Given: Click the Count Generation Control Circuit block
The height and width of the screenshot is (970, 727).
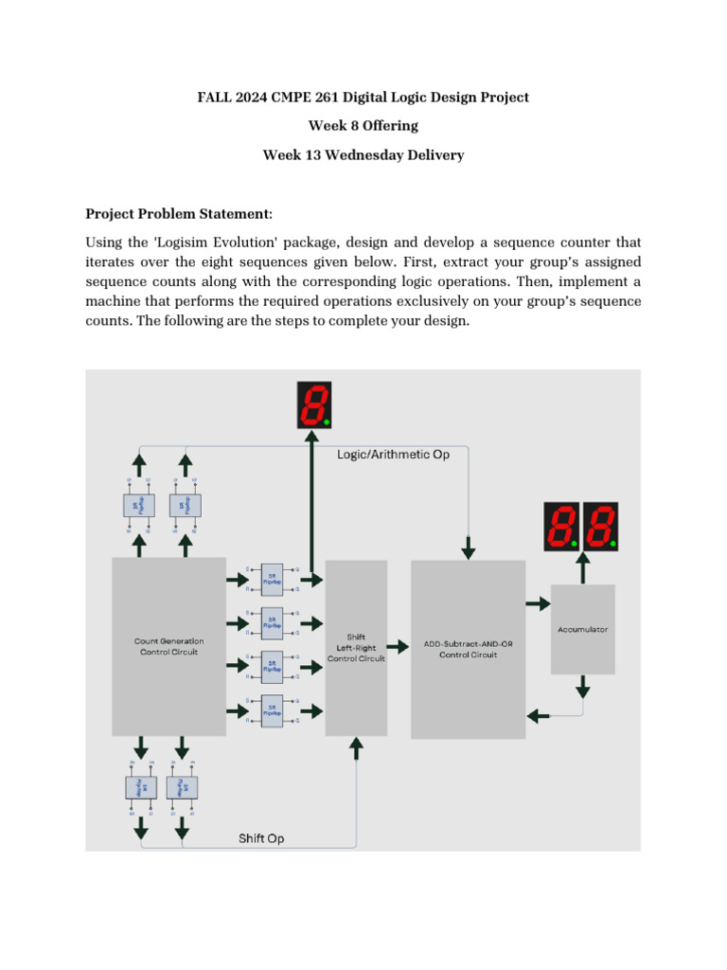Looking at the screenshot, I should [168, 646].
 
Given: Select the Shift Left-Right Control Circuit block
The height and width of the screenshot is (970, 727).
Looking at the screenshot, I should [356, 648].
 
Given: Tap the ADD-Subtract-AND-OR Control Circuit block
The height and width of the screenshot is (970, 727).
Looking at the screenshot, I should [468, 649].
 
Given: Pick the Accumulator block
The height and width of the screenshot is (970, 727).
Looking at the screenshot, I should [582, 628].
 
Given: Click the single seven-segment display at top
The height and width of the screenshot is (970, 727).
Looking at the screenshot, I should [313, 404].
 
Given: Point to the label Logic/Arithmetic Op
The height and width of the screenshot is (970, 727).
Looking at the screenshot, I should [393, 455].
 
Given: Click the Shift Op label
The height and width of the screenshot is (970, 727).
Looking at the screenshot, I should [260, 838].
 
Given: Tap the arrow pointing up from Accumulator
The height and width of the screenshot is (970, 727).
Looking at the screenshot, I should [582, 568].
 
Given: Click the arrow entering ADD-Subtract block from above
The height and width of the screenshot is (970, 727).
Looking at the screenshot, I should [469, 548].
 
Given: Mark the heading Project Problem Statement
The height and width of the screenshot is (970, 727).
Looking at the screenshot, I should [178, 213].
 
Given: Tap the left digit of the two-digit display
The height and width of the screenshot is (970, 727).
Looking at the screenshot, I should [560, 526].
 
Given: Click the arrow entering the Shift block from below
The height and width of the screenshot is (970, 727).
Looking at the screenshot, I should [356, 749].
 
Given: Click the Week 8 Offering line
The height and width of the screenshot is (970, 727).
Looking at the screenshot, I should [363, 126].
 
